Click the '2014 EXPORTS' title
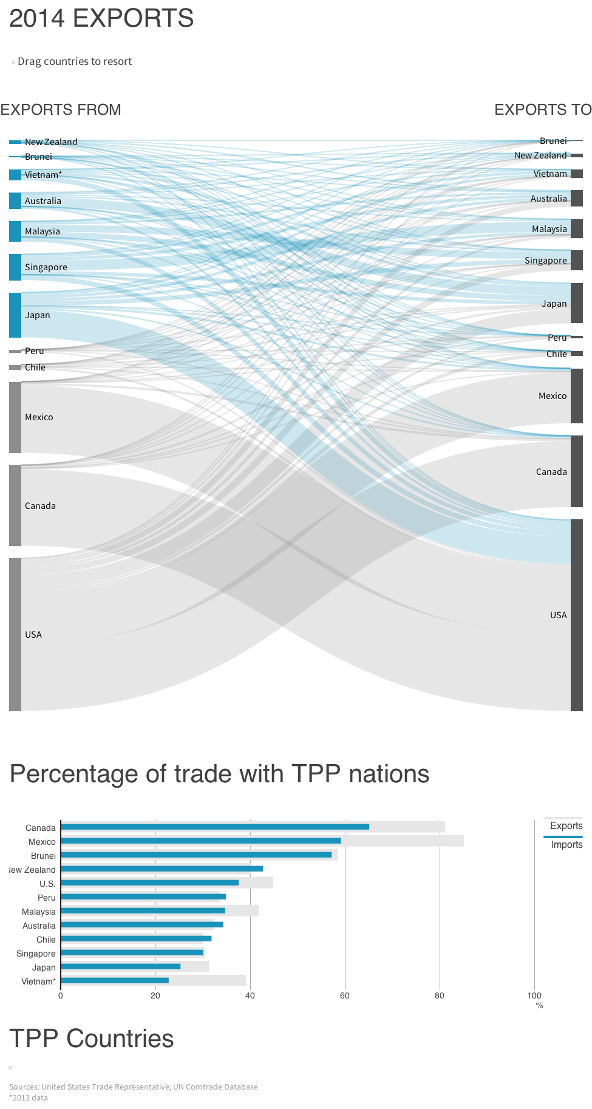[x=101, y=18]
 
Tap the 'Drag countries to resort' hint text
[x=75, y=61]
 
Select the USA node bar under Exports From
[x=15, y=634]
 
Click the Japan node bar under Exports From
[x=15, y=315]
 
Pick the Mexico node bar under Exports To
[x=576, y=395]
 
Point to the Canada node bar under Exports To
[x=576, y=471]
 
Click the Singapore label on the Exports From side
[x=46, y=267]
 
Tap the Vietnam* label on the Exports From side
[x=43, y=175]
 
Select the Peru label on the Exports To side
[x=557, y=338]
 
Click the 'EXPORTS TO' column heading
[x=542, y=109]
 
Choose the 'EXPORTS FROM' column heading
[x=61, y=109]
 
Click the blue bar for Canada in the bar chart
[x=215, y=827]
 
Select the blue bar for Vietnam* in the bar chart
[x=115, y=980]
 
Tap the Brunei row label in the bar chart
[x=43, y=856]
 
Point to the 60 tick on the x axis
[x=345, y=995]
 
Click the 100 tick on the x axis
[x=534, y=995]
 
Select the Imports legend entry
[x=566, y=844]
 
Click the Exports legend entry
[x=566, y=825]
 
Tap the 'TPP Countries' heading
[x=92, y=1039]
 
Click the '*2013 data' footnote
[x=29, y=1097]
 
